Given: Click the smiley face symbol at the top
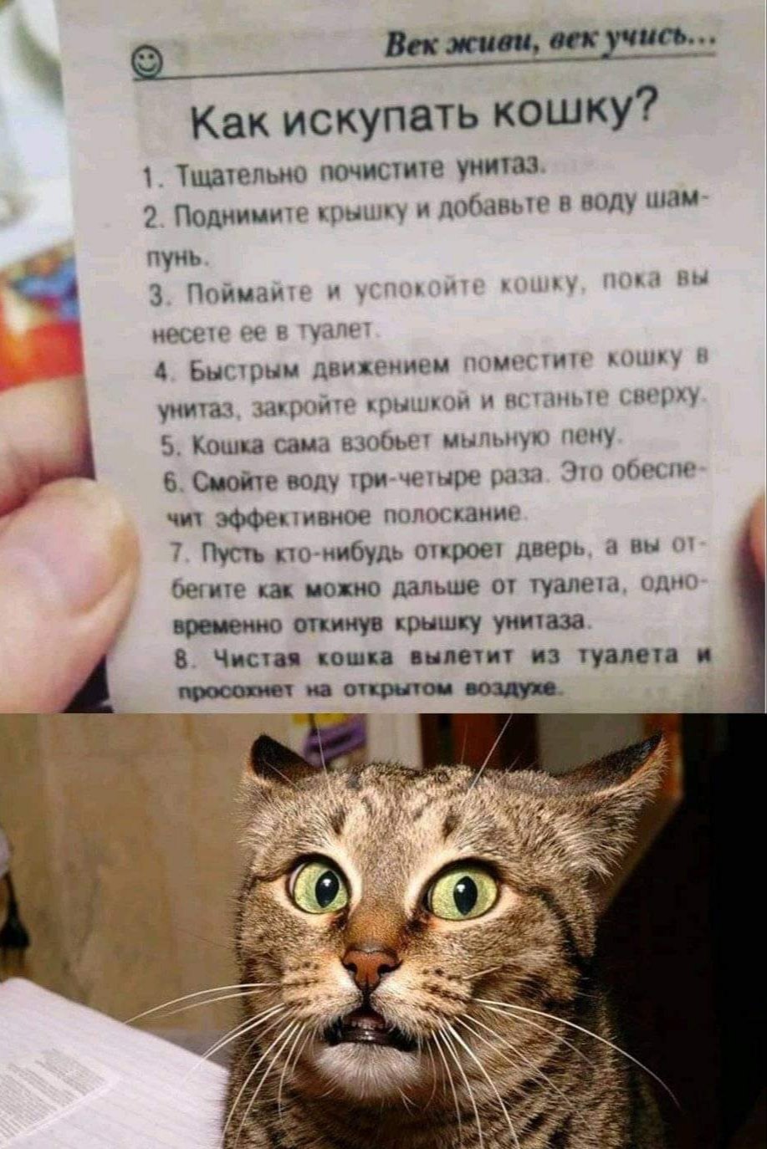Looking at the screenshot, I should (147, 63).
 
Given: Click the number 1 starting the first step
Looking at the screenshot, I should (147, 177).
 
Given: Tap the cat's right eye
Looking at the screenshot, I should (462, 893).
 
